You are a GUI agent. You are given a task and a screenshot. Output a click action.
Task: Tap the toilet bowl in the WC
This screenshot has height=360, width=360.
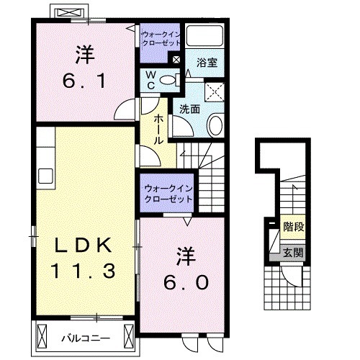click(x=166, y=81)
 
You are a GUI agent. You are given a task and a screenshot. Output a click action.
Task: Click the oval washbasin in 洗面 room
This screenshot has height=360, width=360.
click(x=215, y=127)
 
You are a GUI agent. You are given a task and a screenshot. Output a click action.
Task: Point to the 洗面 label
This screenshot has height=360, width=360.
click(x=189, y=109)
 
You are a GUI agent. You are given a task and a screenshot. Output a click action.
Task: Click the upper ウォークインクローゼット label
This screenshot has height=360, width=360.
click(x=161, y=38)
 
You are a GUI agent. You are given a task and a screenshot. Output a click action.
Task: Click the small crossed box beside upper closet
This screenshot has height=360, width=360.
click(x=176, y=58)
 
